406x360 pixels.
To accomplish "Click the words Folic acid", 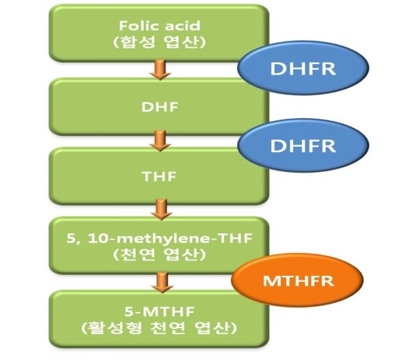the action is click(159, 26).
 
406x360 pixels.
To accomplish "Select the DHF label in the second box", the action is click(159, 107).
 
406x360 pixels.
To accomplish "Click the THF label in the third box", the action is click(159, 176).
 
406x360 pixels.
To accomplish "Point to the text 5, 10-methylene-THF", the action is click(159, 238).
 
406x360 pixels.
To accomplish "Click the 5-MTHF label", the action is click(159, 311).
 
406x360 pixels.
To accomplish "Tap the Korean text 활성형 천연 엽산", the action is click(159, 328).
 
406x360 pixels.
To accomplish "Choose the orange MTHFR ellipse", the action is click(297, 280).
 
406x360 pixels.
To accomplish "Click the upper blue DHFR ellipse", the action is click(303, 68).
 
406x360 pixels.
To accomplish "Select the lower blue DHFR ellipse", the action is click(303, 145).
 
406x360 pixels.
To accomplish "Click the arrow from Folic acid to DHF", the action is click(160, 69).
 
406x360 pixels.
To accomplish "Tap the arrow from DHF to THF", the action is click(160, 140).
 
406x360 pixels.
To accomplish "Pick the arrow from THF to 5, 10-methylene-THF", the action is click(162, 209).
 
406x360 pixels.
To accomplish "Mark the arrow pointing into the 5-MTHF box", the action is click(162, 283).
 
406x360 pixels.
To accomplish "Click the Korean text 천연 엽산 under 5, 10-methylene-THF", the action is click(159, 255).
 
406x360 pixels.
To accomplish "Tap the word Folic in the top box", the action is click(140, 26).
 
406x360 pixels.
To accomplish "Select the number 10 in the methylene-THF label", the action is click(98, 238).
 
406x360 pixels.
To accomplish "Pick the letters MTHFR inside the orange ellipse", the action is click(298, 280).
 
